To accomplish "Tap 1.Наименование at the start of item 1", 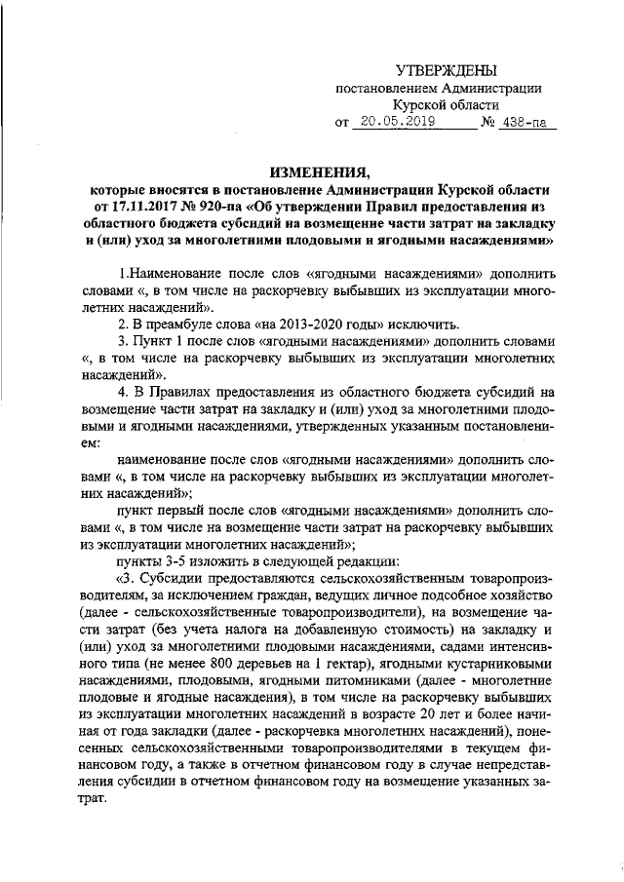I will pos(165,274).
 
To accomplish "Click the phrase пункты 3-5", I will pos(156,560).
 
